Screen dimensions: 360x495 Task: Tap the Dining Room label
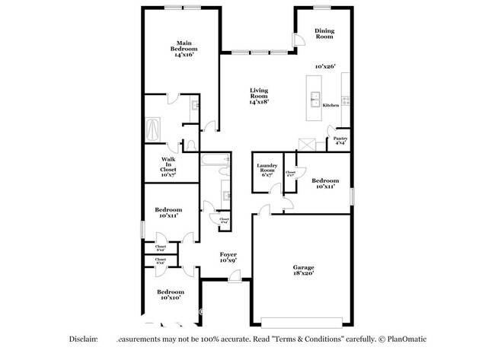coord(325,33)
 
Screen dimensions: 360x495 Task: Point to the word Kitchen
coord(331,105)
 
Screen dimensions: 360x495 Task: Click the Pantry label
coord(340,138)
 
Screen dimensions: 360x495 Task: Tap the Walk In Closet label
coord(169,167)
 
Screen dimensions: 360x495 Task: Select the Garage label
coord(304,267)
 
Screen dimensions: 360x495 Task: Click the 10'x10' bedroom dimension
coord(171,298)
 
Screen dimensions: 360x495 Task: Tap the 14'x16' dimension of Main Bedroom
coord(183,55)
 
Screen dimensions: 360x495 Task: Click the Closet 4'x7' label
coord(290,174)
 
